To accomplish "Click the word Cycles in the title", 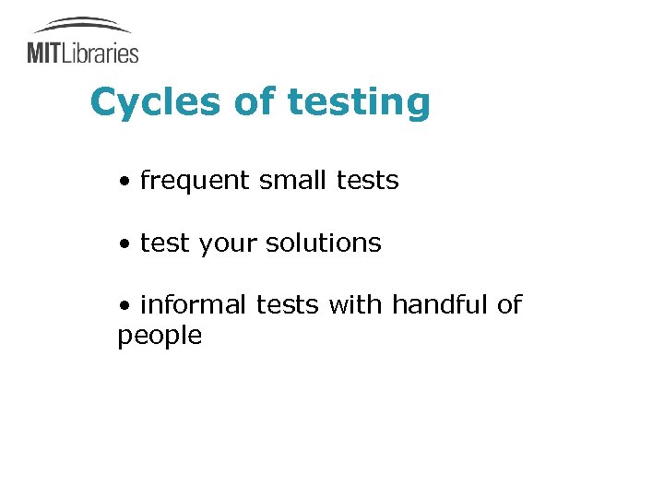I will (x=155, y=102).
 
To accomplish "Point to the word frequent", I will (x=195, y=181).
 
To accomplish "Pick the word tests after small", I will (x=367, y=180).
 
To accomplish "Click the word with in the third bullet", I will (x=356, y=304).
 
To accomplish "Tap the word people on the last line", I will (x=160, y=336).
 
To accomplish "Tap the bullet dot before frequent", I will (x=124, y=182).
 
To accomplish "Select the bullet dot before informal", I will (x=124, y=306).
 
